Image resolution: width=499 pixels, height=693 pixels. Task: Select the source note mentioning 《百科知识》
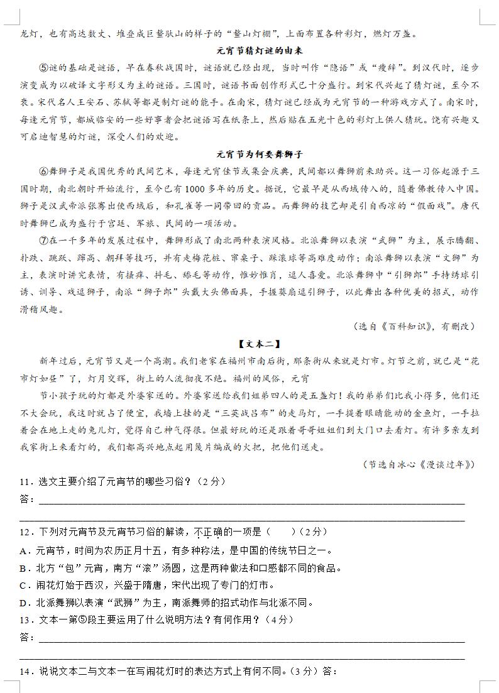[414, 326]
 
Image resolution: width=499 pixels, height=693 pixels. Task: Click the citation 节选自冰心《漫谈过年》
[419, 464]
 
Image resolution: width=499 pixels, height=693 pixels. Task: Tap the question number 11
[26, 482]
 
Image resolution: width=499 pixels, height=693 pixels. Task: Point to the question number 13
[26, 619]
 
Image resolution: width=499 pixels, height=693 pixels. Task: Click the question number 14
[26, 672]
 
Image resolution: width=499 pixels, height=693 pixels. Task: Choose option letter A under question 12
[23, 551]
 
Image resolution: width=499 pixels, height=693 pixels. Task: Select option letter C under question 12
[23, 586]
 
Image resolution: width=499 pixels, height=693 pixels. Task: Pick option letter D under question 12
[23, 603]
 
